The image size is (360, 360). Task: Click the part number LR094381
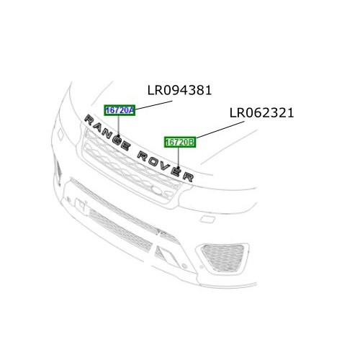tap(179, 91)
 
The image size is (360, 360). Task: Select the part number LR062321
tap(262, 113)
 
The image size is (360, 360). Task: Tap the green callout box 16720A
tap(119, 110)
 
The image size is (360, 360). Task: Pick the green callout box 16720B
tap(180, 143)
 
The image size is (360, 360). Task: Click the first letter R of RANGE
tap(89, 119)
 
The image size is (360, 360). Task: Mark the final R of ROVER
tap(189, 176)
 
